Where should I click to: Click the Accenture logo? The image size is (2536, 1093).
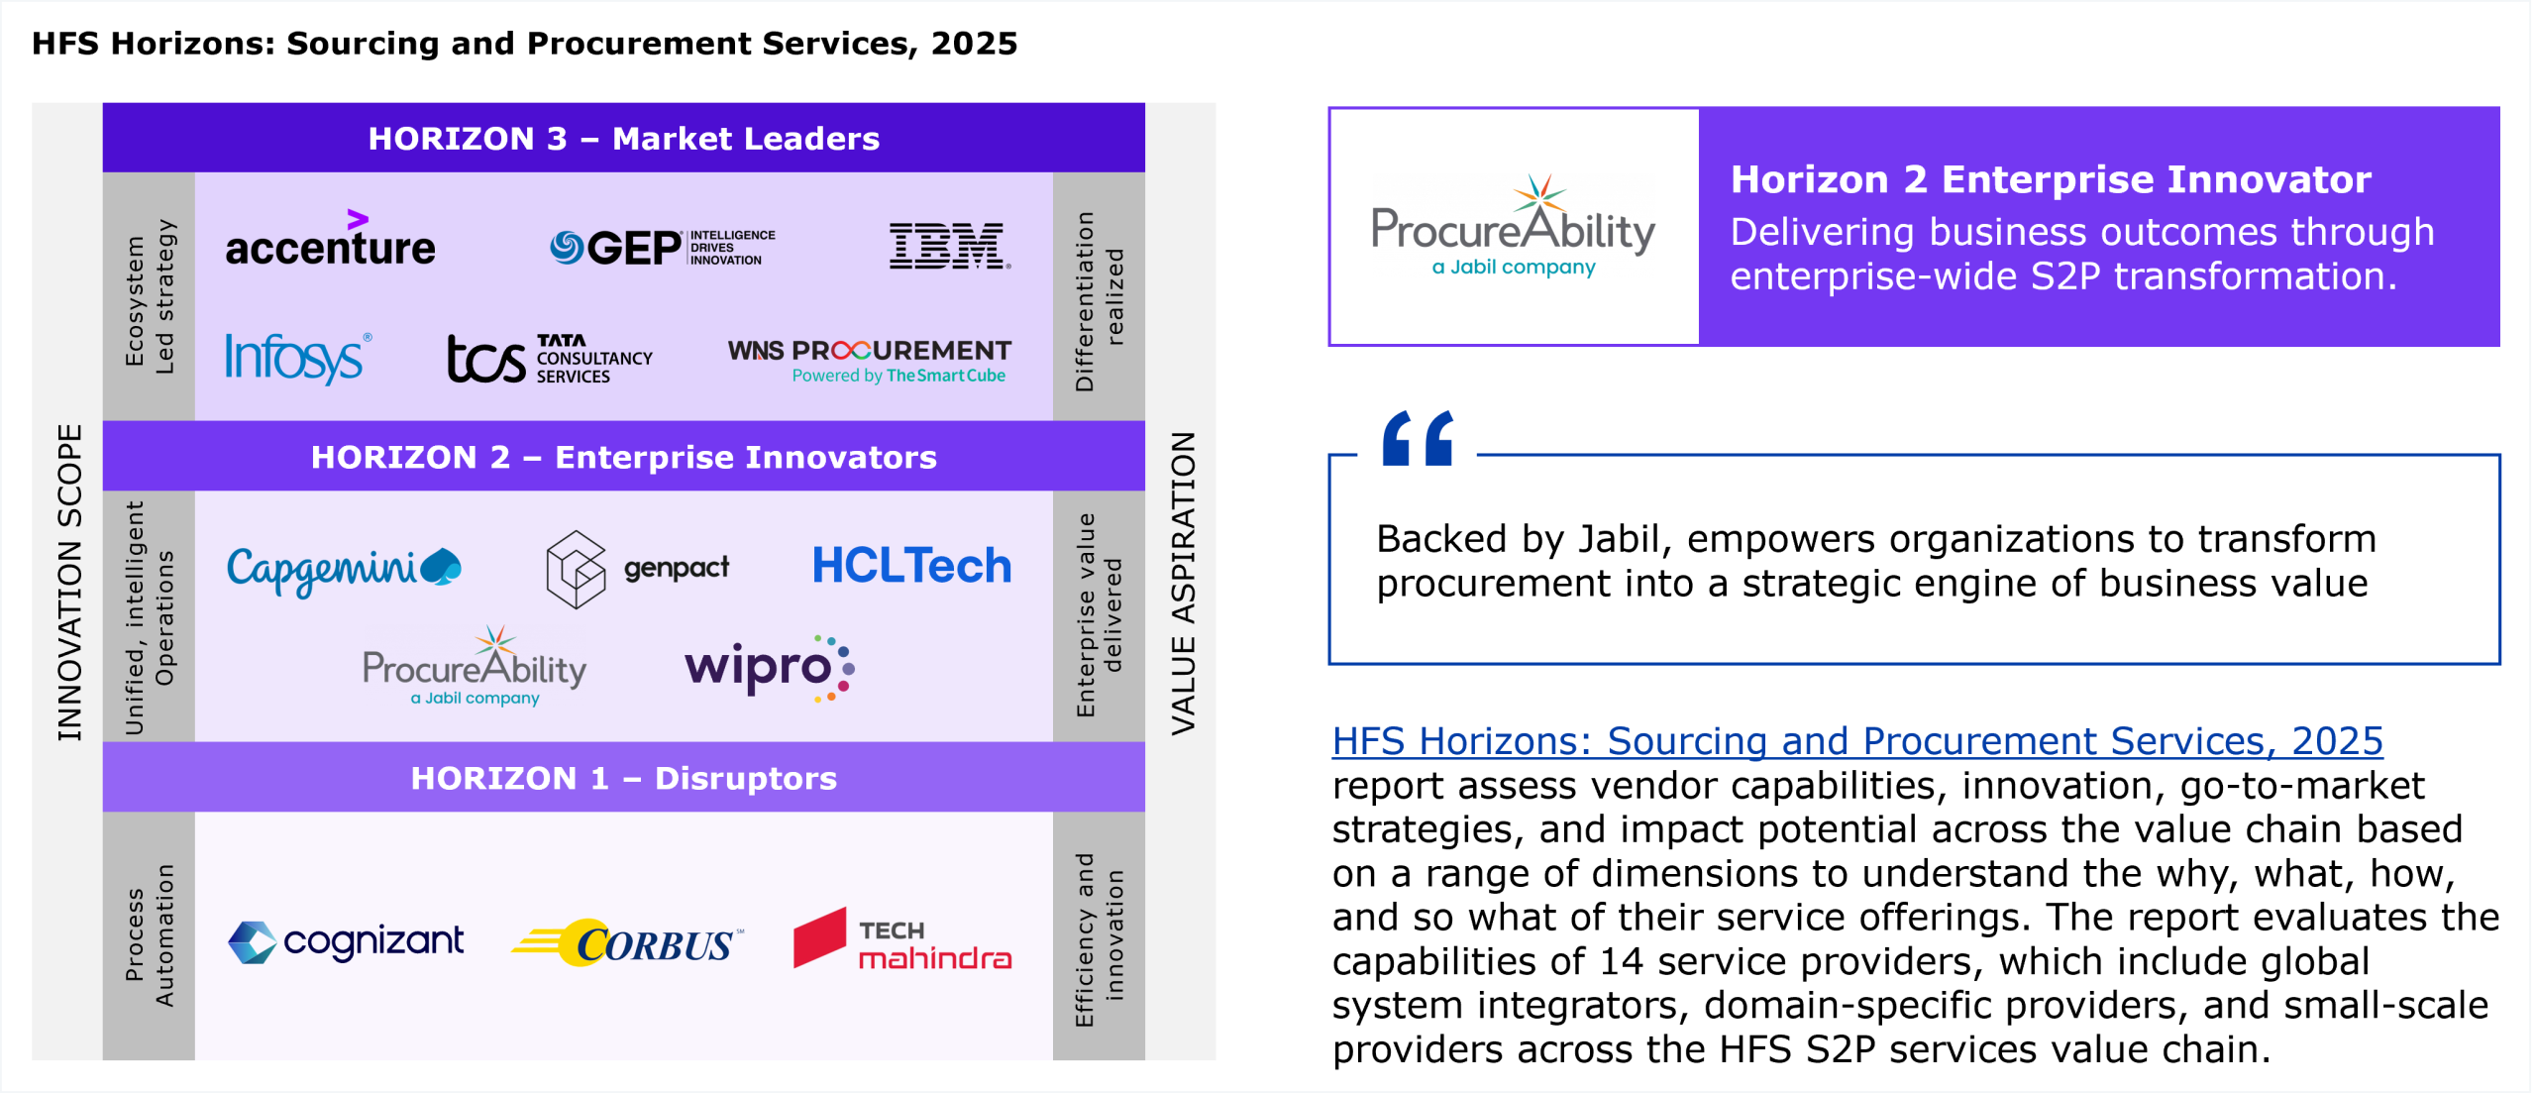click(330, 239)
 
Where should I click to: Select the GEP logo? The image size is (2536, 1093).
click(663, 247)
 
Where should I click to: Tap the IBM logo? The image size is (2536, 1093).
click(950, 246)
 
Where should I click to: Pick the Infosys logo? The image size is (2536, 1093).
click(298, 358)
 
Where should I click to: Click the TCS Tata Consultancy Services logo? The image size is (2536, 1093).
click(550, 359)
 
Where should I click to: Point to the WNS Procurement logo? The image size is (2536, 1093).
click(870, 361)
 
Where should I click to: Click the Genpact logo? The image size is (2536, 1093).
click(637, 569)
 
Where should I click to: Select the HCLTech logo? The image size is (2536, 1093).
click(911, 566)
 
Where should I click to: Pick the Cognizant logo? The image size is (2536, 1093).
click(346, 941)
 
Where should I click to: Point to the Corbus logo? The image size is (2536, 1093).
click(627, 942)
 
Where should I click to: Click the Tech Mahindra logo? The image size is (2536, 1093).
click(902, 938)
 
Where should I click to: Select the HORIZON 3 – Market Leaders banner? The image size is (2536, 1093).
click(624, 138)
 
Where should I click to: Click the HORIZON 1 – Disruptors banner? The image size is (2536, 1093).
click(624, 778)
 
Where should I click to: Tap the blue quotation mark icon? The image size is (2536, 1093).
click(1418, 438)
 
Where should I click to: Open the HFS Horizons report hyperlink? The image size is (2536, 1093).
click(1857, 741)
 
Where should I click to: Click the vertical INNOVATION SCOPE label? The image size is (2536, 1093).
click(69, 583)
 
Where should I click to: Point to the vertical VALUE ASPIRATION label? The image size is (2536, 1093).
click(1184, 584)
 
